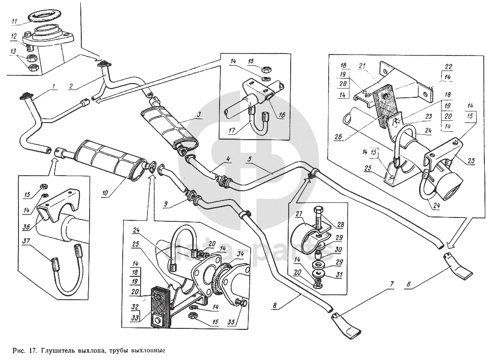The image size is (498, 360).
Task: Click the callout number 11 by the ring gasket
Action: tap(15, 21)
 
